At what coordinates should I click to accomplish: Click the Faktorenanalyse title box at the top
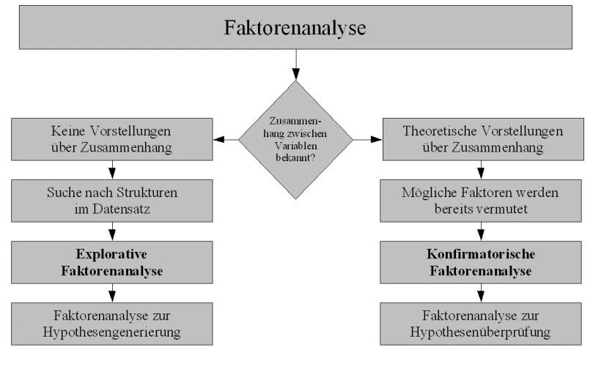[x=295, y=27]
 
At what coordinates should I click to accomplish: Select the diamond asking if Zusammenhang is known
[x=295, y=140]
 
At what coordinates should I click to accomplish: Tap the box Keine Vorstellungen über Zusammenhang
[x=112, y=139]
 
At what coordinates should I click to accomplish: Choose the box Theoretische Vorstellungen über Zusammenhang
[x=483, y=139]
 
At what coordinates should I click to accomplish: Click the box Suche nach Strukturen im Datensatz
[x=112, y=201]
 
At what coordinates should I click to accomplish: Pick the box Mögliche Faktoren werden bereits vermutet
[x=481, y=201]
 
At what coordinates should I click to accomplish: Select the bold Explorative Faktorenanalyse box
[x=112, y=262]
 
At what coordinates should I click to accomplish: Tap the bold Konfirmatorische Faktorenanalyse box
[x=481, y=262]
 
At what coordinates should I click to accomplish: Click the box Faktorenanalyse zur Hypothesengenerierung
[x=112, y=324]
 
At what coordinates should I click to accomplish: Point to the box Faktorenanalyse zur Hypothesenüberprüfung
[x=481, y=324]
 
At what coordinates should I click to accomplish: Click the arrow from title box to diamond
[x=295, y=64]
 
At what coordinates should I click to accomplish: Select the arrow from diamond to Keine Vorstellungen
[x=226, y=140]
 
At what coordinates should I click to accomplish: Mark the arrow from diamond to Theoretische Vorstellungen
[x=367, y=140]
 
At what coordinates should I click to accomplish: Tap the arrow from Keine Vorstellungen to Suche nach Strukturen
[x=112, y=170]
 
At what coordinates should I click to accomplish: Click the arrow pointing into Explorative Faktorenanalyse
[x=112, y=231]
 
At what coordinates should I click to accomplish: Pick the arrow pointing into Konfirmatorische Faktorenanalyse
[x=481, y=231]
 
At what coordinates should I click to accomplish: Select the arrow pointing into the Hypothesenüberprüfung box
[x=481, y=293]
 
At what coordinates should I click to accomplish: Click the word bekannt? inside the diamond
[x=295, y=158]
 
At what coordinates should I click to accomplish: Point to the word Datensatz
[x=122, y=209]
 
